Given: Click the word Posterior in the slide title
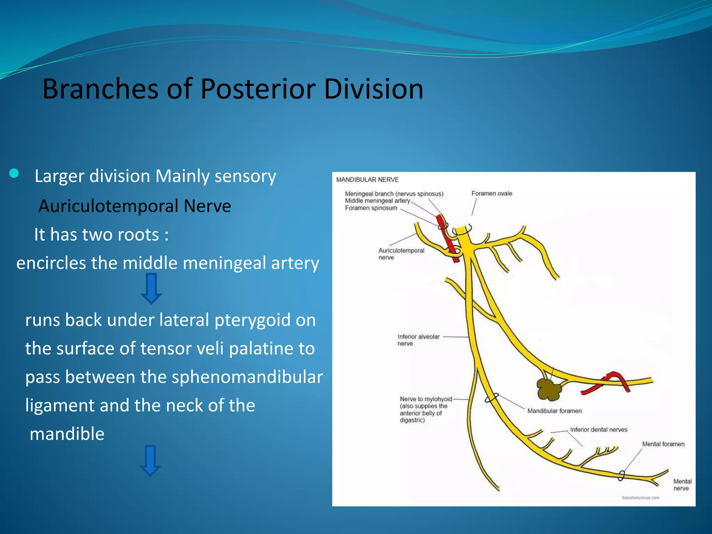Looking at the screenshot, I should [258, 89].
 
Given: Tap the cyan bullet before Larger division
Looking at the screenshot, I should [14, 173].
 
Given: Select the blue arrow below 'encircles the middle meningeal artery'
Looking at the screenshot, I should [151, 289].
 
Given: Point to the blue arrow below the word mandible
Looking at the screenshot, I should [150, 460].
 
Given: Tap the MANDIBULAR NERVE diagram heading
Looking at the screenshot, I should [367, 180].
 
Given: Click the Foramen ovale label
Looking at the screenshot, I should [492, 193].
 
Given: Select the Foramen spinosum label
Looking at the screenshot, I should [371, 208].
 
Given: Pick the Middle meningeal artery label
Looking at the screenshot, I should [377, 201].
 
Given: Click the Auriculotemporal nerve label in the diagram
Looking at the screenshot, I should [401, 254].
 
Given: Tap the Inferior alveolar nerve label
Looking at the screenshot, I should [418, 340].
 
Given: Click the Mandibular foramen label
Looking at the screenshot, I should [554, 411].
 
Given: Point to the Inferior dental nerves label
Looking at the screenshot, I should [599, 430].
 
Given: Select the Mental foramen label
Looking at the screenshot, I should [663, 444].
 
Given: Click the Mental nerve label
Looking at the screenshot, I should [682, 485].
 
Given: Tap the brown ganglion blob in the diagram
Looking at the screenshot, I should [549, 389].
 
